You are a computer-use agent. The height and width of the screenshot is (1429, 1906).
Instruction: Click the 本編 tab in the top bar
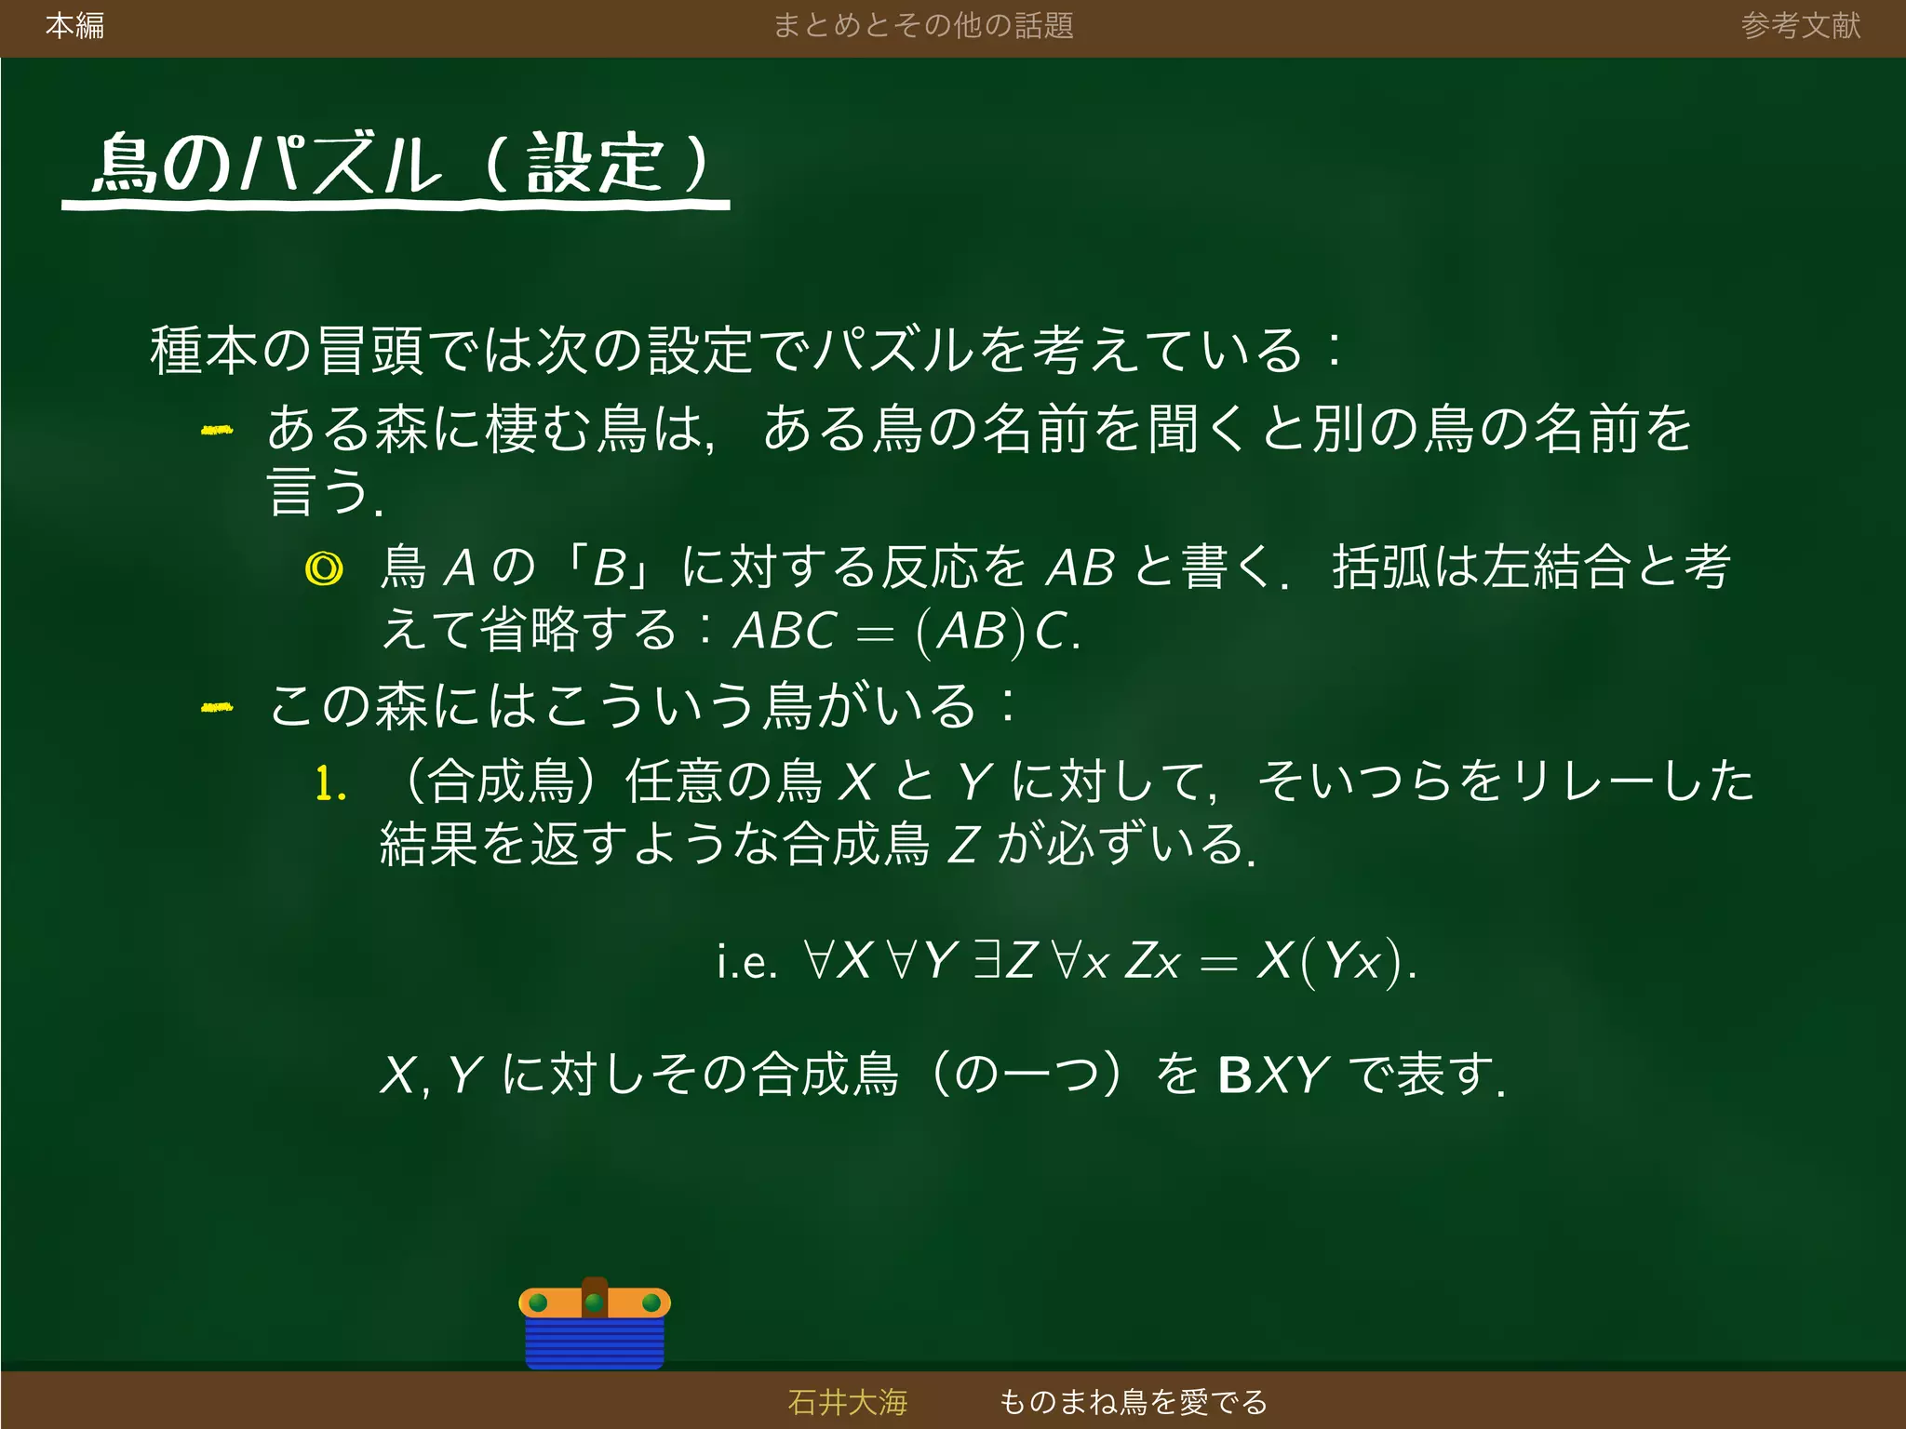tap(74, 26)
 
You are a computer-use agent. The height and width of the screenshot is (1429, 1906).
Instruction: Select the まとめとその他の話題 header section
tap(923, 26)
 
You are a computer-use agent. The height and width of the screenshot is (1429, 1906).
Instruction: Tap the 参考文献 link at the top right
tap(1800, 26)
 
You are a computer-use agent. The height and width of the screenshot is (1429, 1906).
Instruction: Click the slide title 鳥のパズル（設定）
tap(400, 166)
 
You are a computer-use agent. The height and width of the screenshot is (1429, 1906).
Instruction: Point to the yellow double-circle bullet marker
tap(324, 568)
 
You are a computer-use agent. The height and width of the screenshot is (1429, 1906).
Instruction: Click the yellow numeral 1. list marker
tap(330, 783)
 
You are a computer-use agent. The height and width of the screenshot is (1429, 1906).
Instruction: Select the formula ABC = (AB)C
tap(906, 632)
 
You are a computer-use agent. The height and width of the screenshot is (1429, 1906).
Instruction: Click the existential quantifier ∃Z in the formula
tap(1005, 960)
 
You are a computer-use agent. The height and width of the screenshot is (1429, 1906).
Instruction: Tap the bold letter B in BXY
tap(1235, 1075)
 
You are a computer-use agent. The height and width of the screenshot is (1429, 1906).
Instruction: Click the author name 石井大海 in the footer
tap(847, 1402)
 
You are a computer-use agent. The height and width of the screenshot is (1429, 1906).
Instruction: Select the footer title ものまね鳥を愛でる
tap(1133, 1402)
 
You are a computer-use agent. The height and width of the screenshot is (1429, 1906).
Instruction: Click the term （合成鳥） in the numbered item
tap(501, 781)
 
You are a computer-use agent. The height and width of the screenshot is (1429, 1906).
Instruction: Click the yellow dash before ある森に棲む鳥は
tap(217, 430)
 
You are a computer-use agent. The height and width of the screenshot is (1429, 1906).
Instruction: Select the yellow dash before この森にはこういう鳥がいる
tap(217, 708)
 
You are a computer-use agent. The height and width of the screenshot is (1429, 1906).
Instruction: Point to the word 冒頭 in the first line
tap(371, 351)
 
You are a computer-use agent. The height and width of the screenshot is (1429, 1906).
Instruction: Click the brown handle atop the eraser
tap(595, 1294)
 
